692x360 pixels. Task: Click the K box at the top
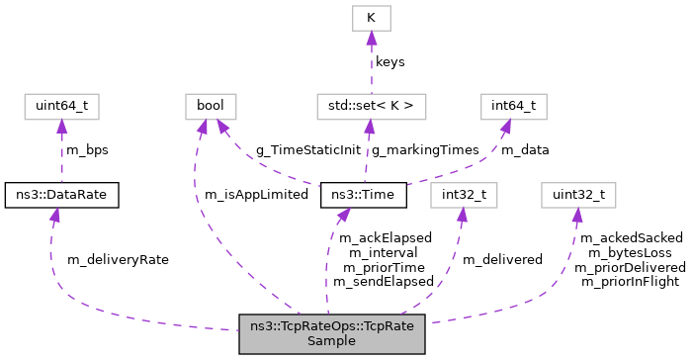click(x=371, y=18)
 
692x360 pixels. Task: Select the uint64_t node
click(x=61, y=105)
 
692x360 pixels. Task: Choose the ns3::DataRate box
click(x=61, y=196)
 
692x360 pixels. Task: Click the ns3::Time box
click(x=362, y=196)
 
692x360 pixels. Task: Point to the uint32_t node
click(x=577, y=196)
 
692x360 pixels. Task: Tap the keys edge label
click(x=389, y=61)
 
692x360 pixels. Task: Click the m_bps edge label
click(x=86, y=149)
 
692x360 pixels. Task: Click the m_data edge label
click(x=525, y=149)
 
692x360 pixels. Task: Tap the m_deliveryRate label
click(x=118, y=259)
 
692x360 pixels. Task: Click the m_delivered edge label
click(x=503, y=259)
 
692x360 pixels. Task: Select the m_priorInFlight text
click(x=630, y=281)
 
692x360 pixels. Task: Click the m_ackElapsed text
click(x=386, y=238)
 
